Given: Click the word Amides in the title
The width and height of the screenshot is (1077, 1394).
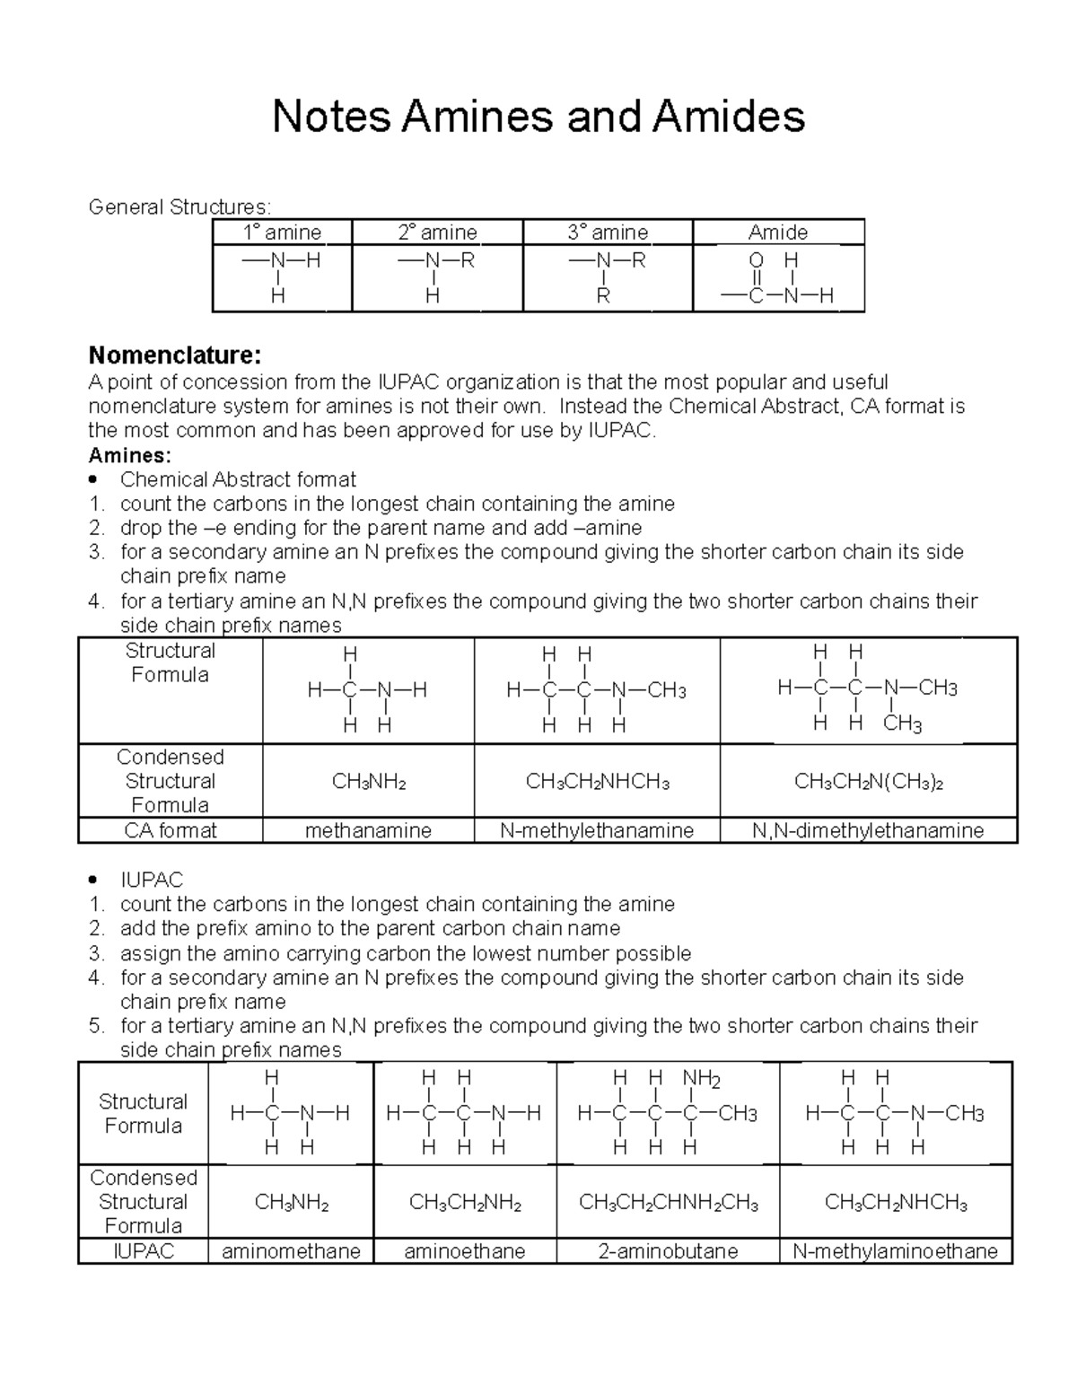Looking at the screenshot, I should tap(728, 117).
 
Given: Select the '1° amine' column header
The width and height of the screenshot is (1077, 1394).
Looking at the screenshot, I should tap(282, 232).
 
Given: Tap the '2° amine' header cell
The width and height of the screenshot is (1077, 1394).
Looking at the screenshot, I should tap(437, 232).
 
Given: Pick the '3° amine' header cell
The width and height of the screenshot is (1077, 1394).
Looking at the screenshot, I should tap(608, 232).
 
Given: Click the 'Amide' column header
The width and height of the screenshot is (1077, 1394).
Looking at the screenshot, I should tap(778, 232).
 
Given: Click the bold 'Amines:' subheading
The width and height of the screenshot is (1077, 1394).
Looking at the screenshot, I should tap(129, 455).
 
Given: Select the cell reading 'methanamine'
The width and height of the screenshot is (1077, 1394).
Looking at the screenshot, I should tap(368, 831).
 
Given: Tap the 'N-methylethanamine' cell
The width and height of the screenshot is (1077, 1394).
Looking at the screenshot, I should tap(597, 831).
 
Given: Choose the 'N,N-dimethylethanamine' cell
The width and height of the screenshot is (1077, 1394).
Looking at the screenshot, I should tap(868, 831).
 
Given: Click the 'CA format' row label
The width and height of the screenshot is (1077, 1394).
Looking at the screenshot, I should tap(171, 831).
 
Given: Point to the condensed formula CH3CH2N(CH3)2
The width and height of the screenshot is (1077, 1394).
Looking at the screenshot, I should tap(868, 783).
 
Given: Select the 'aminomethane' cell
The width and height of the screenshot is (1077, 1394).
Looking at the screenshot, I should tap(291, 1251).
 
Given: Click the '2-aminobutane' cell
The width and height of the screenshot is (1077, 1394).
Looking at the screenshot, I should tap(668, 1251).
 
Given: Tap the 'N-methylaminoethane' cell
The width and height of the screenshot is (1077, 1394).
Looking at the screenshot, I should tap(895, 1251).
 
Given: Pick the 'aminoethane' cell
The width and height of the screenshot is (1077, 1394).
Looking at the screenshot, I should tap(465, 1251).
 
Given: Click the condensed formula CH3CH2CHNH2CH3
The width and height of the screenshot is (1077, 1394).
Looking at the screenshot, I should tap(668, 1203).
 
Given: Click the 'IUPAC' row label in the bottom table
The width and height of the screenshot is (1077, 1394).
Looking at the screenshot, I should tap(144, 1251).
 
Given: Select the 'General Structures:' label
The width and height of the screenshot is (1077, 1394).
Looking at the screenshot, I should tap(179, 207).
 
